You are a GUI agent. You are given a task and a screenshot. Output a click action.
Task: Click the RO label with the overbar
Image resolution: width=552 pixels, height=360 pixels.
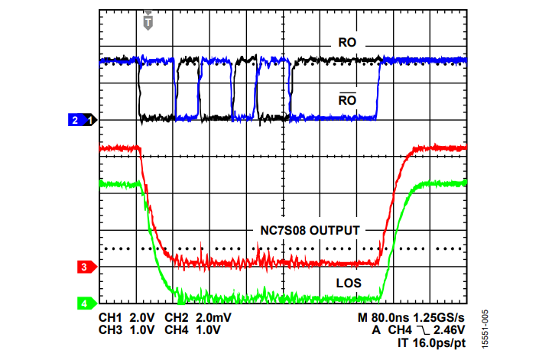tap(348, 100)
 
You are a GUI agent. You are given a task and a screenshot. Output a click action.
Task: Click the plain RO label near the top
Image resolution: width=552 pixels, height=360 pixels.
tap(348, 43)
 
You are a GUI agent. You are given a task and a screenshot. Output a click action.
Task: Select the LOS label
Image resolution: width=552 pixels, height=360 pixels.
tap(348, 283)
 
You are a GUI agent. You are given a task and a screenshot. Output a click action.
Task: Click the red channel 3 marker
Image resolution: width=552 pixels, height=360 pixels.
tap(85, 267)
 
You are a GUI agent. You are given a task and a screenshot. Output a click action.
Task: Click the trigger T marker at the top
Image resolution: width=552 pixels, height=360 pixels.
tap(148, 23)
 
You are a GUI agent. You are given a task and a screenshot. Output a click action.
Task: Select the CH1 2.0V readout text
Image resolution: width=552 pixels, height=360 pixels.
tap(127, 317)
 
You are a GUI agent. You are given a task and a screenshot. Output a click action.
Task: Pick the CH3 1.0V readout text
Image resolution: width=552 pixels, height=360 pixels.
tap(127, 330)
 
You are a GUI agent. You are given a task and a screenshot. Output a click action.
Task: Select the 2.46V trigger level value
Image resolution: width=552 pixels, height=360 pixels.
tap(449, 330)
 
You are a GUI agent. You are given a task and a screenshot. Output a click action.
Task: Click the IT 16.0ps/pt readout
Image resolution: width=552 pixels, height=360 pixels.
tap(430, 343)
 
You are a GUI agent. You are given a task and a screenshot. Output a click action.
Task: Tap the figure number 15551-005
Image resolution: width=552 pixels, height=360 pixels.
tap(485, 329)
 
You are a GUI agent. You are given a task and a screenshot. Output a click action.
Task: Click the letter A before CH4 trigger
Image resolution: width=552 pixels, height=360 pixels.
tap(377, 330)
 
